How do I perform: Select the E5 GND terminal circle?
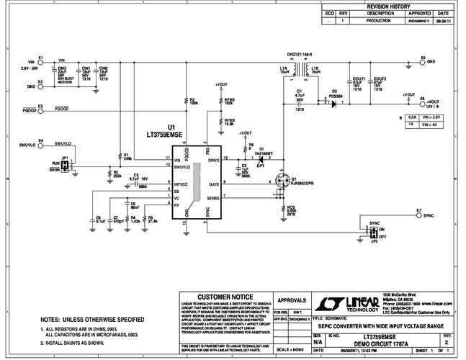(x=421, y=61)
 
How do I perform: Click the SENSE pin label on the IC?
(x=213, y=197)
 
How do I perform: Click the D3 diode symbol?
(x=333, y=104)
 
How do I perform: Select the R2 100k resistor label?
(x=193, y=102)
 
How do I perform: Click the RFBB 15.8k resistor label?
(x=229, y=122)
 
